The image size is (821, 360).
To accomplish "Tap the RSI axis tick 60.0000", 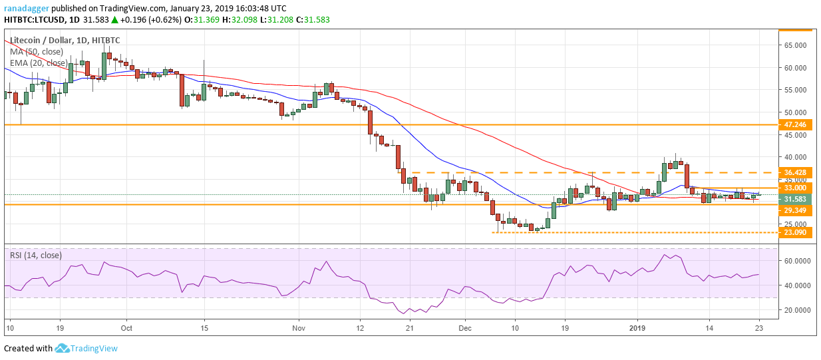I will (x=796, y=261).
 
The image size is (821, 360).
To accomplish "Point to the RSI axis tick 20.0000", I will (x=796, y=310).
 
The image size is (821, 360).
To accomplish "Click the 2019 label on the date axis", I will (x=638, y=328).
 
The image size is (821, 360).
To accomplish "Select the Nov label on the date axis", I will (x=298, y=328).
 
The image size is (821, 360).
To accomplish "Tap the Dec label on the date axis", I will (x=464, y=328).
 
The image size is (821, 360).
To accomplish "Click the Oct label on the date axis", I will (x=127, y=328).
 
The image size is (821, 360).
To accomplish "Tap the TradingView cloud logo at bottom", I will (x=63, y=348).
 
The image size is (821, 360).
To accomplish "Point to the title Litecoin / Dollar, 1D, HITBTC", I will (x=65, y=40).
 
